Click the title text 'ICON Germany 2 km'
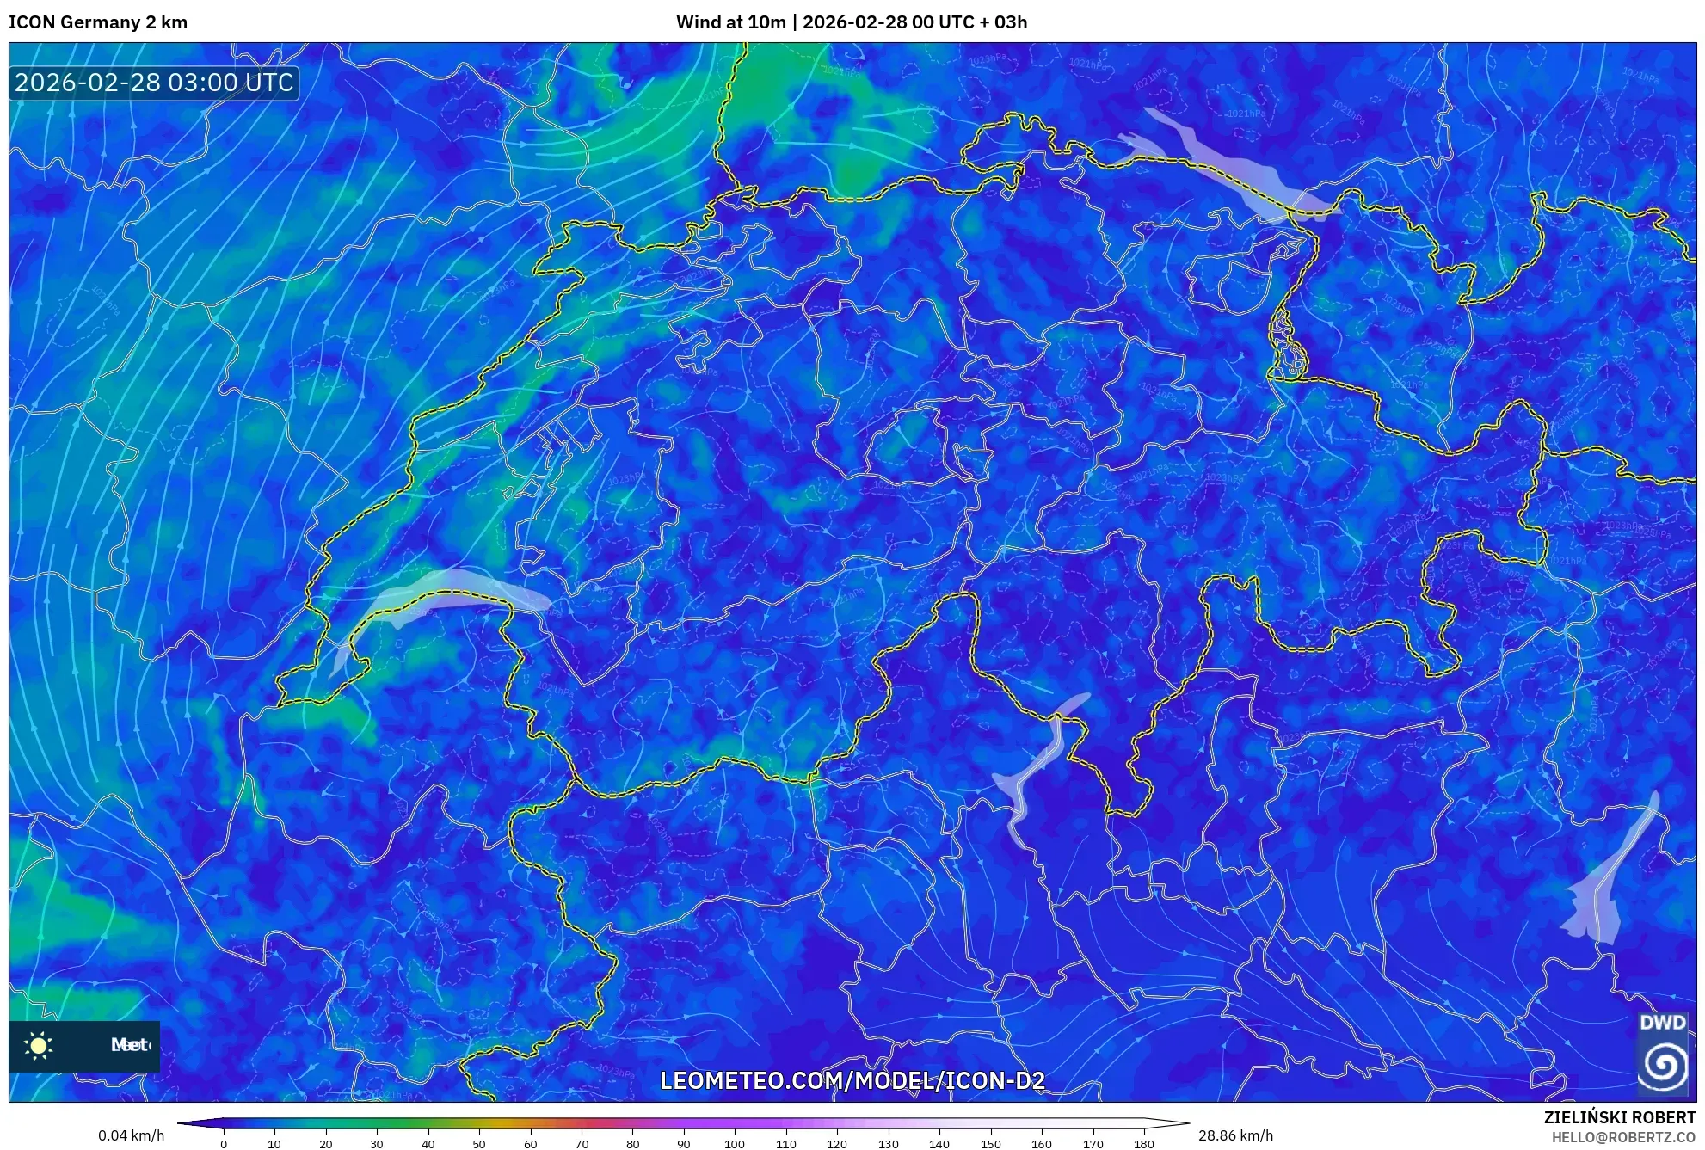point(98,22)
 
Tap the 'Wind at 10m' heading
point(730,22)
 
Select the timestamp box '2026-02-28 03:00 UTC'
point(154,83)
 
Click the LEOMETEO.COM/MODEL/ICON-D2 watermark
point(852,1080)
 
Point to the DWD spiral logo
point(1662,1064)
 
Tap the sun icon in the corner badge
point(39,1045)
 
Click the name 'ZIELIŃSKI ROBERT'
point(1619,1117)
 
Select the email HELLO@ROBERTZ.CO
point(1623,1137)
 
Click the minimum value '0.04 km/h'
point(131,1135)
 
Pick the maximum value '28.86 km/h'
point(1235,1135)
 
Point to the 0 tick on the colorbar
point(224,1144)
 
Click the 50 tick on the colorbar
point(479,1144)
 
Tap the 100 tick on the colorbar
point(735,1144)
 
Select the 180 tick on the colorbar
point(1143,1144)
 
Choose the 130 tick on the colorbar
point(888,1144)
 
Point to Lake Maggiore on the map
point(1037,766)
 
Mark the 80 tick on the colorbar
point(632,1144)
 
